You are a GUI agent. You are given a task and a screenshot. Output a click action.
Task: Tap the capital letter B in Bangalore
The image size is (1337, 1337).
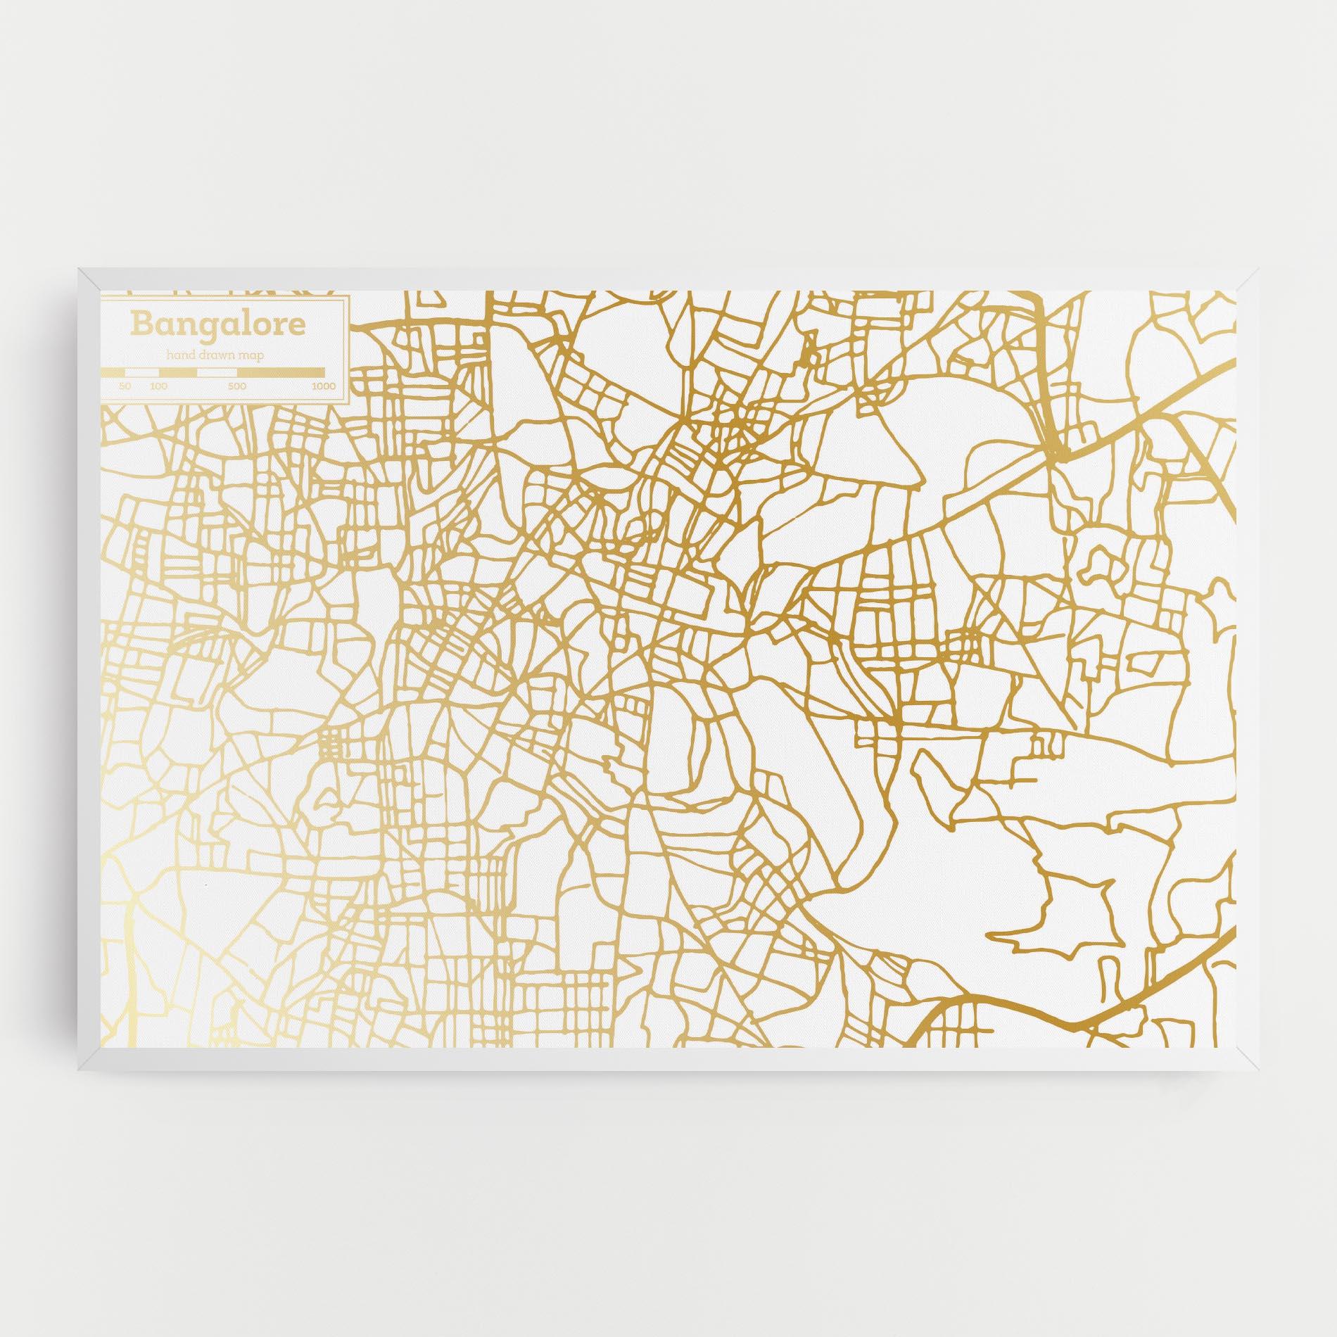click(140, 324)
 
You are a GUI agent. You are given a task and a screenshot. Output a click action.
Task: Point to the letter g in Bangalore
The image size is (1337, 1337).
click(200, 327)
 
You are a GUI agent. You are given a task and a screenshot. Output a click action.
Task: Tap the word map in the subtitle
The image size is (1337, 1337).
click(251, 356)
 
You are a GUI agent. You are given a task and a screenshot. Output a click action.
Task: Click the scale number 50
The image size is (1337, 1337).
click(125, 386)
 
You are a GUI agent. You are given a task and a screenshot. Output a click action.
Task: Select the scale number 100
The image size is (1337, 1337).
click(158, 386)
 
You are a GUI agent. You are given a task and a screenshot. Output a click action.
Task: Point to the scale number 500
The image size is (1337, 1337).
click(236, 386)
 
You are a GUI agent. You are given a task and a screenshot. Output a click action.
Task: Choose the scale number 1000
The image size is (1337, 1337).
click(324, 386)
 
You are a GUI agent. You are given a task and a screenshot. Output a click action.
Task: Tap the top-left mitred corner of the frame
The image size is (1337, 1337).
click(91, 279)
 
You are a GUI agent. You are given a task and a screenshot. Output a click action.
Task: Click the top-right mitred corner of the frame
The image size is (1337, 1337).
click(1246, 279)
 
